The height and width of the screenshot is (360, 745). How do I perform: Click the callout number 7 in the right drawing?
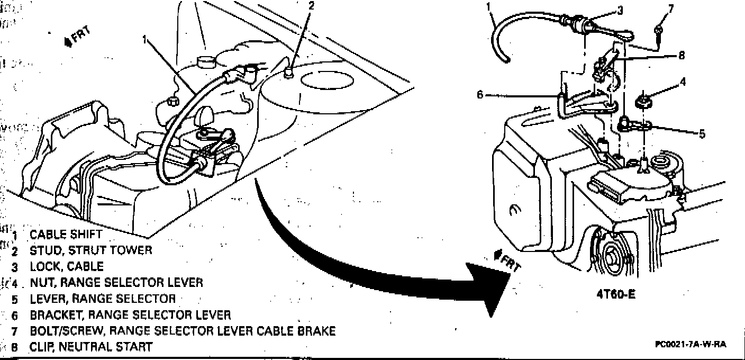[x=671, y=9]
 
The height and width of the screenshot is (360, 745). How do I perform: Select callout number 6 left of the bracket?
[x=480, y=95]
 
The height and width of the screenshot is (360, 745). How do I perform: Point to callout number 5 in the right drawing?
[x=702, y=134]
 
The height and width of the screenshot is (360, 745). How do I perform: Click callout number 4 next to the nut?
[x=683, y=82]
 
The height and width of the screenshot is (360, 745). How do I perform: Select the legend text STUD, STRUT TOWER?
[x=90, y=250]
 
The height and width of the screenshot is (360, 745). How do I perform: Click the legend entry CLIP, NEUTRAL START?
[x=91, y=347]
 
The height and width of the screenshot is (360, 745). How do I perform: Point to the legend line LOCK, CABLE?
[x=67, y=266]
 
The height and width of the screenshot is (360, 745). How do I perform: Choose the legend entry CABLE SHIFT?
[x=66, y=234]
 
